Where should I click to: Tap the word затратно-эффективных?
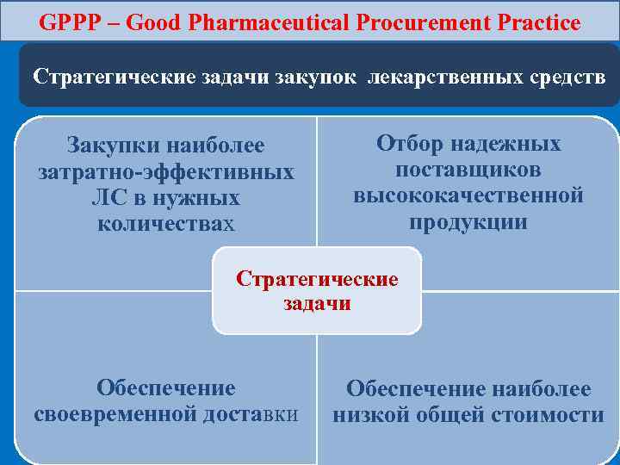pyautogui.click(x=166, y=172)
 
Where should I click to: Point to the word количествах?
pyautogui.click(x=166, y=224)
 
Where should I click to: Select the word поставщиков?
pyautogui.click(x=468, y=169)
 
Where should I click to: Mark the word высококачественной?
pyautogui.click(x=468, y=195)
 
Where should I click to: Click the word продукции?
pyautogui.click(x=468, y=222)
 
